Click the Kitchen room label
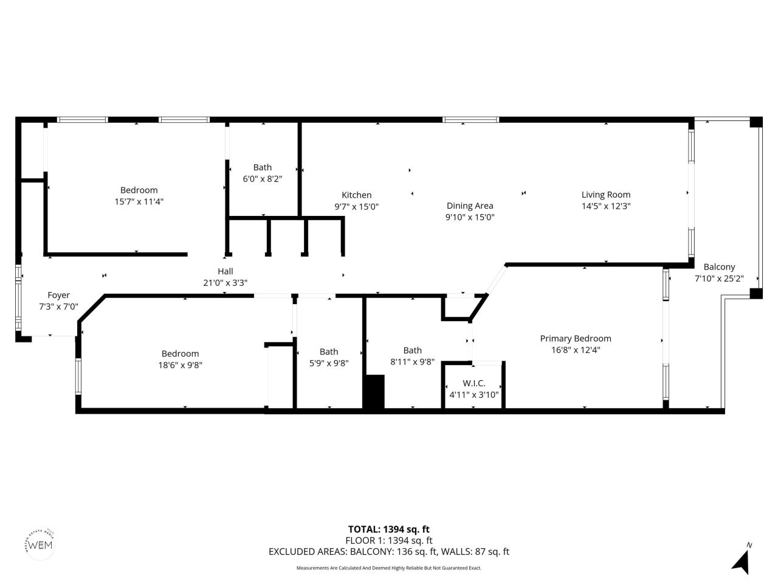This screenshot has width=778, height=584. (x=356, y=195)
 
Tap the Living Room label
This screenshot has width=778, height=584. (x=605, y=195)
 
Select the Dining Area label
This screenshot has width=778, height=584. (x=470, y=206)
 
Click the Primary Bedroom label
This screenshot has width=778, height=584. (x=576, y=339)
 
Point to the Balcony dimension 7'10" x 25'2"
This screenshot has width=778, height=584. (x=719, y=279)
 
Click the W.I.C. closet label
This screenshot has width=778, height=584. (x=473, y=383)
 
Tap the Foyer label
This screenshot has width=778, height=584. (x=58, y=295)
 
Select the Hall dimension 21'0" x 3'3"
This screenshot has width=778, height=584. (x=225, y=283)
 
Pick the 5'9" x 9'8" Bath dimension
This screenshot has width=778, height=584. (x=329, y=363)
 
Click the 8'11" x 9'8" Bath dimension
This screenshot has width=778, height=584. (x=412, y=362)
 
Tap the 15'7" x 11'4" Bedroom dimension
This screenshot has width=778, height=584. (x=139, y=201)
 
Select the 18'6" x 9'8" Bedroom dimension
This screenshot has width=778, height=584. (x=180, y=365)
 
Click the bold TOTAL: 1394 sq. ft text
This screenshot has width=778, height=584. (x=388, y=529)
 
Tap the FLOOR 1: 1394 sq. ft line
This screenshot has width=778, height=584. (x=388, y=540)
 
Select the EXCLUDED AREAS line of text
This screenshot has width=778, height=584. (x=388, y=552)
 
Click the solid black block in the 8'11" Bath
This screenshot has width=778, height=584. (x=374, y=392)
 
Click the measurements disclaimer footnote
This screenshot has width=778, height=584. (x=388, y=568)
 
